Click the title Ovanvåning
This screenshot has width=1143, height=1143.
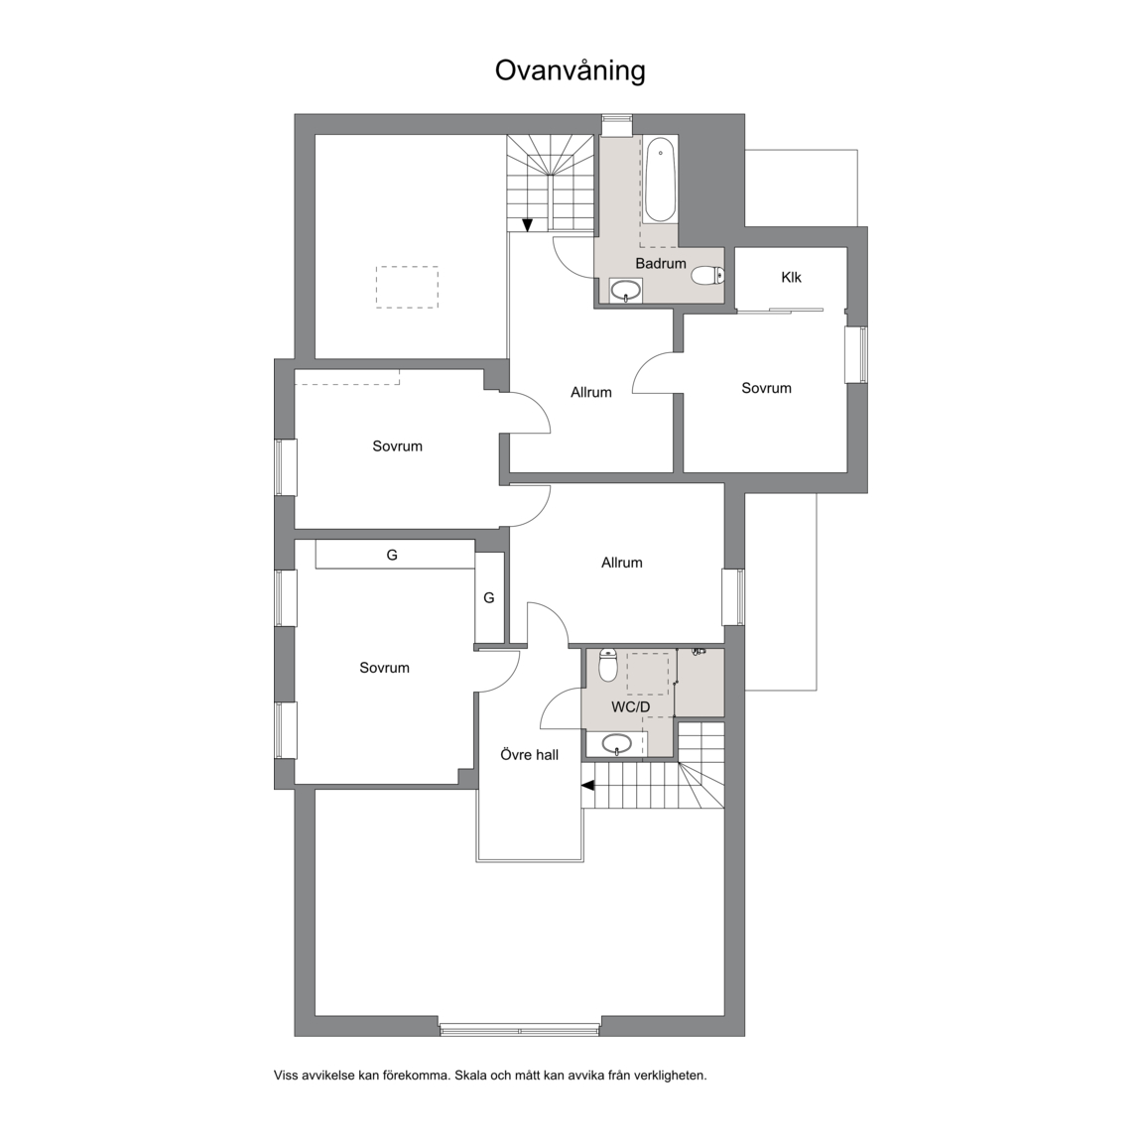click(x=571, y=71)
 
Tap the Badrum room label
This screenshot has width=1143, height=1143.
click(x=661, y=263)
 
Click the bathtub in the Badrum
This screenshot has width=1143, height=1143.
click(x=660, y=180)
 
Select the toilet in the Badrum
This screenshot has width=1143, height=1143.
click(x=707, y=276)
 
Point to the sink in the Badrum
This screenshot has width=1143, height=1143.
click(x=626, y=291)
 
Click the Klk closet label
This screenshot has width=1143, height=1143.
click(x=791, y=277)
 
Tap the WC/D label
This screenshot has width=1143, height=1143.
click(x=631, y=707)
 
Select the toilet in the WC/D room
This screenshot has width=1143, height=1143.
click(x=608, y=665)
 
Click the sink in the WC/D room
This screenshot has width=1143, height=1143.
click(x=617, y=744)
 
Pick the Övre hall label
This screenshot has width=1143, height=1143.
click(x=529, y=755)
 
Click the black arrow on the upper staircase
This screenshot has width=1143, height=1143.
click(x=527, y=225)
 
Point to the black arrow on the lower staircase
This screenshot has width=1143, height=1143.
click(x=587, y=785)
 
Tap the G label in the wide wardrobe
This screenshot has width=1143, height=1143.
click(x=392, y=556)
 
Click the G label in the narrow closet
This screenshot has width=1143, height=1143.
click(x=489, y=597)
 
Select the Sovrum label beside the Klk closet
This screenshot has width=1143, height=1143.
click(x=766, y=389)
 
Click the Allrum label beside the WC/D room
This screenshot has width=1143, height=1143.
click(x=622, y=563)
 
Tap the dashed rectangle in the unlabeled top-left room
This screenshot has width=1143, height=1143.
click(x=407, y=287)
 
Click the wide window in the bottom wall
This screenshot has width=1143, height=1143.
click(x=520, y=1030)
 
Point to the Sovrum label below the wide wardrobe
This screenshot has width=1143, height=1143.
click(x=384, y=668)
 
